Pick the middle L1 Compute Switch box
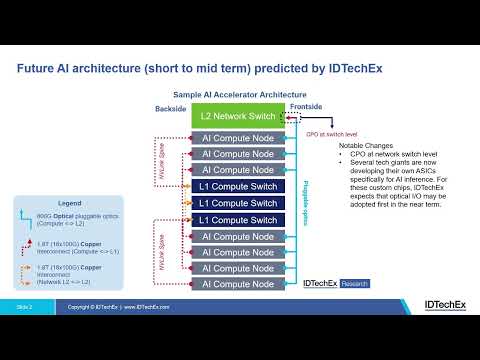238,203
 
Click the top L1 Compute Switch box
238,187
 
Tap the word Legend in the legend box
69,203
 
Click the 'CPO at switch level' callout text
320,132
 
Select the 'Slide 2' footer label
24,307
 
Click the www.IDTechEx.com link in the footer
147,307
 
